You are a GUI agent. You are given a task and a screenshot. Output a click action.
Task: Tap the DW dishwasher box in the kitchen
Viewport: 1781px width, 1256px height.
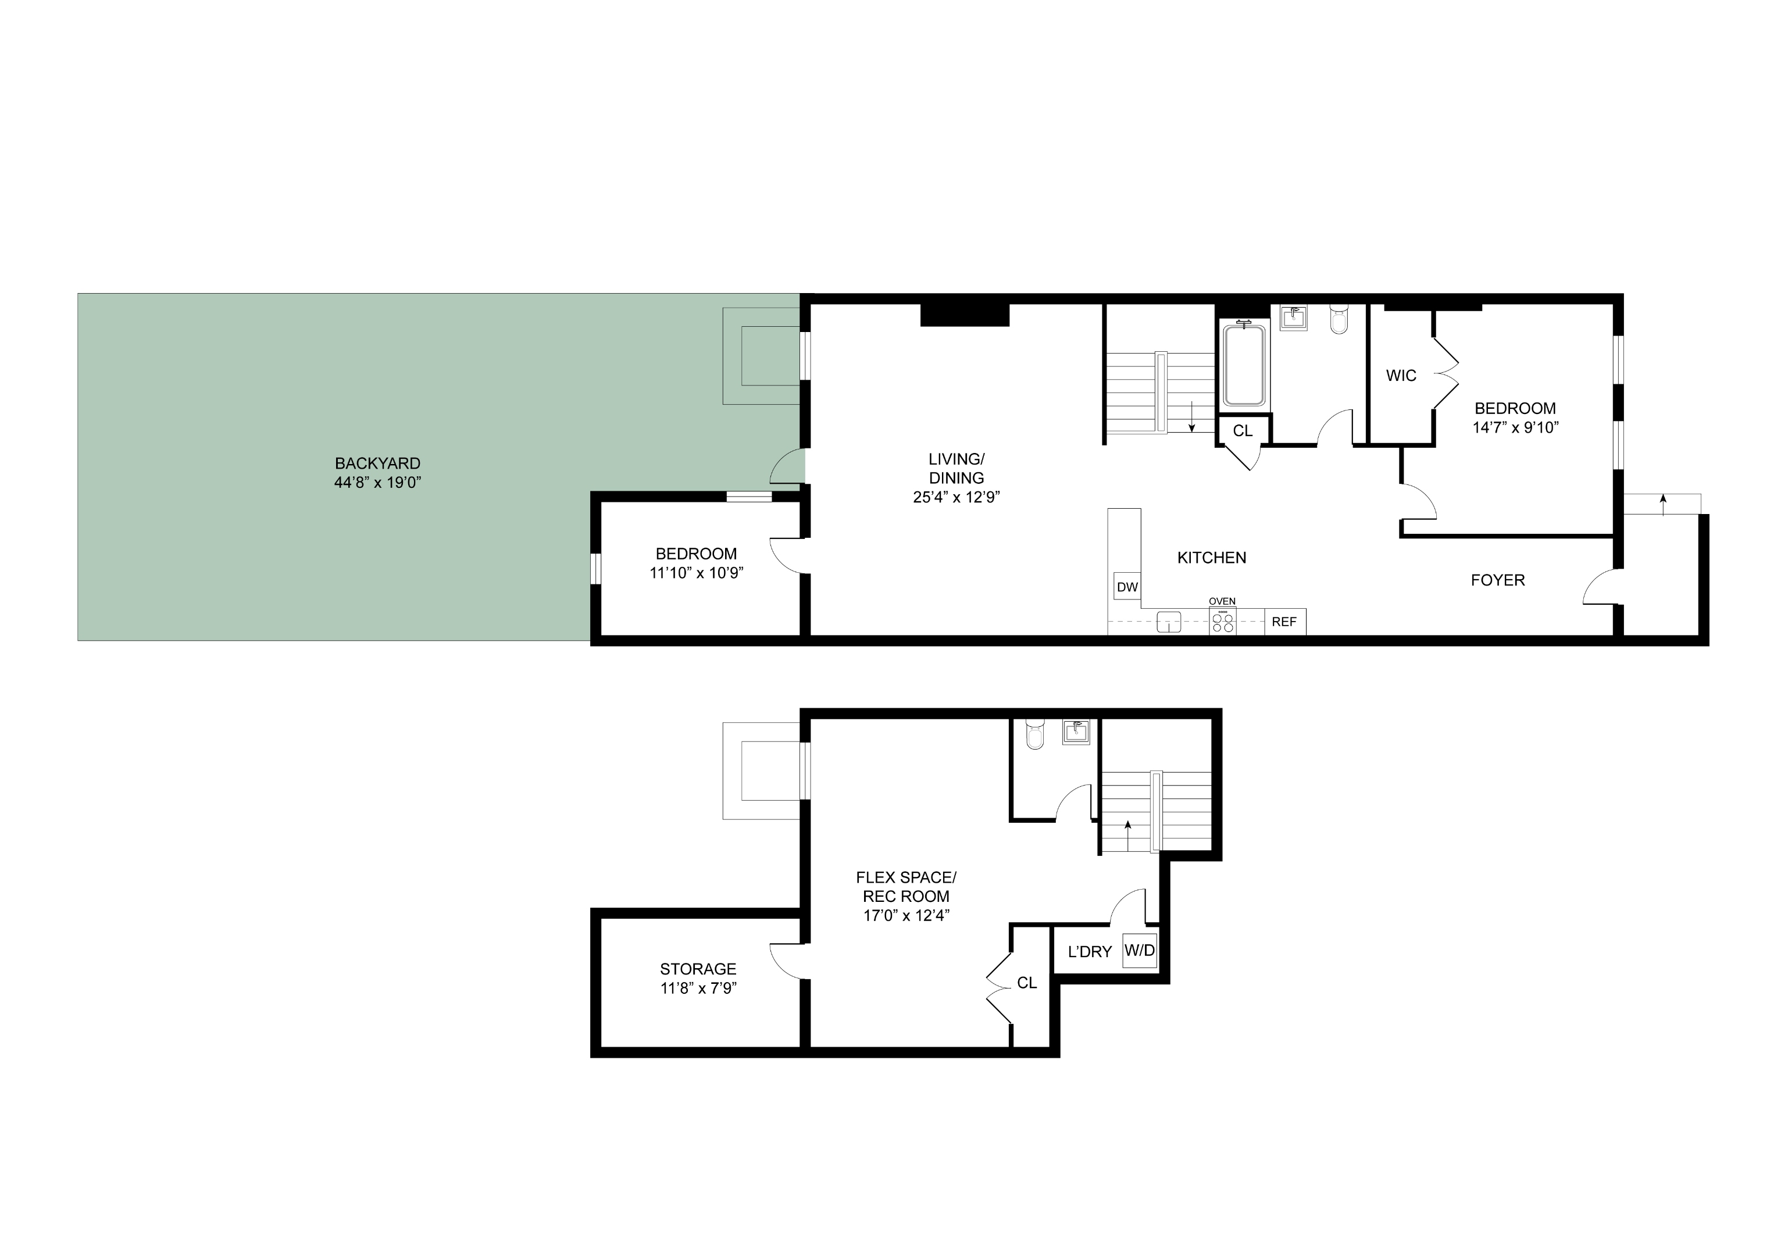[x=1127, y=587]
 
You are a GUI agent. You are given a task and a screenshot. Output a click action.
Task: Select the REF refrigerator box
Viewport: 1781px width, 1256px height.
[x=1284, y=622]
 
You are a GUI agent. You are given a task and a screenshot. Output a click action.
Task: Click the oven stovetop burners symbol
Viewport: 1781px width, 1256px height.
[x=1223, y=622]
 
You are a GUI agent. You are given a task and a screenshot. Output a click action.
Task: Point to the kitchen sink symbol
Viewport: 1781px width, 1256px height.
[x=1168, y=622]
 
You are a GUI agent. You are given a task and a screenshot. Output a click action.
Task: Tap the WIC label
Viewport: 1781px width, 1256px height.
[x=1401, y=376]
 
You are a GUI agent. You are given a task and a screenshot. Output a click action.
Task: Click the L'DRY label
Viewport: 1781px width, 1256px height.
[x=1089, y=952]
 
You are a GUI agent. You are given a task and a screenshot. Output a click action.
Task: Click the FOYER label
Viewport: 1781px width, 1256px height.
[x=1497, y=580]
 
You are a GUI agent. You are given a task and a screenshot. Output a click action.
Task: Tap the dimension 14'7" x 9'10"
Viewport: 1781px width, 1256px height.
[x=1515, y=427]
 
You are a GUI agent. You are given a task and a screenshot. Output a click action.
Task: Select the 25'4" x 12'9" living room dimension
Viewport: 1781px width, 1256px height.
[x=956, y=497]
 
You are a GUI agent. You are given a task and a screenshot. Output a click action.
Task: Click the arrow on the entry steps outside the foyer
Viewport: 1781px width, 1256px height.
[x=1662, y=504]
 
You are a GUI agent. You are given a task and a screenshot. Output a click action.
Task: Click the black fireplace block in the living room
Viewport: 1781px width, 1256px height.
[x=964, y=315]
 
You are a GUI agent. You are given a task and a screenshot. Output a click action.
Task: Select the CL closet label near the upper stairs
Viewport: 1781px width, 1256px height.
[x=1242, y=430]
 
